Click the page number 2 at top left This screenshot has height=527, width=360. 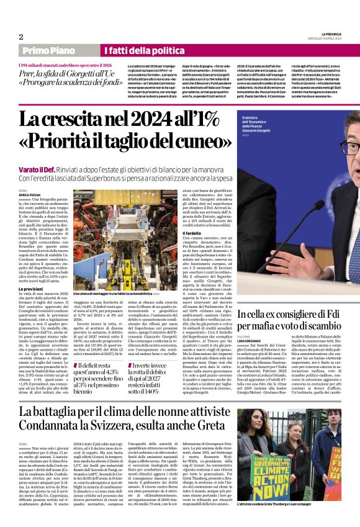coord(21,37)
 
